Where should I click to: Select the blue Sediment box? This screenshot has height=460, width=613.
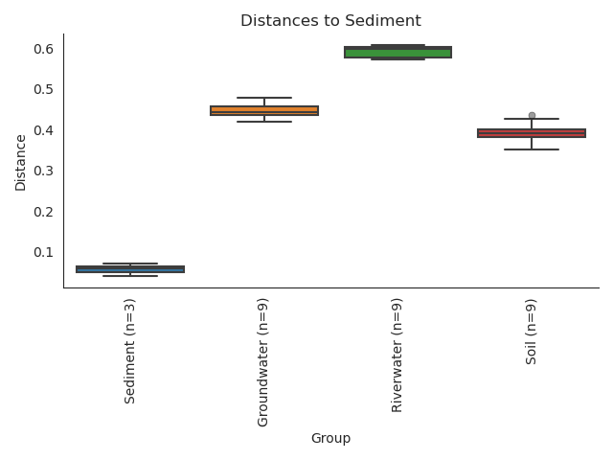(130, 269)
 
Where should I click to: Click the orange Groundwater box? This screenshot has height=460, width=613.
(264, 110)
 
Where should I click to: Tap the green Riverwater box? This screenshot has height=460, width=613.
(397, 52)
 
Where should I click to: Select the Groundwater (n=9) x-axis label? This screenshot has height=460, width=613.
(264, 363)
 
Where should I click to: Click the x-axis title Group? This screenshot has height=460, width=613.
(330, 439)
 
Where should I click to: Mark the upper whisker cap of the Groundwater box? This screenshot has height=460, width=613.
(264, 98)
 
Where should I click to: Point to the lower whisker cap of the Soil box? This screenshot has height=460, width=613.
(532, 149)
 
